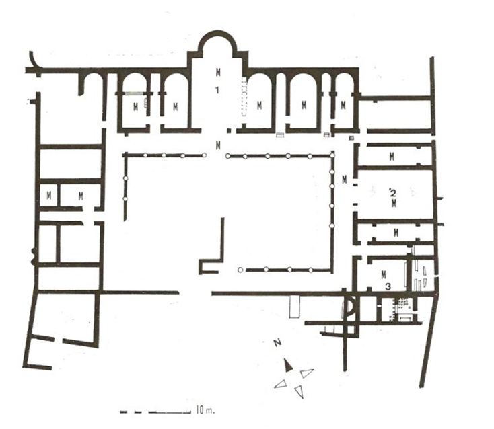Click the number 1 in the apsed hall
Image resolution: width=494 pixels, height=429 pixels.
click(218, 91)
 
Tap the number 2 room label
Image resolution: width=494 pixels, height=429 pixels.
click(391, 193)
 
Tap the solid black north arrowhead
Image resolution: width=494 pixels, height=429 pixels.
click(288, 364)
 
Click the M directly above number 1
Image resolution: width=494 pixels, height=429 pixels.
click(218, 71)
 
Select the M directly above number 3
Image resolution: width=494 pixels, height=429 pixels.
click(383, 274)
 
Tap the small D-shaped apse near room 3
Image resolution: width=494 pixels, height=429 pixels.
click(351, 308)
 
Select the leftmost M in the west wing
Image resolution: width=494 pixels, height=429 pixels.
click(49, 196)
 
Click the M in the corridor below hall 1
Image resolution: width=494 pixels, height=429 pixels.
click(217, 145)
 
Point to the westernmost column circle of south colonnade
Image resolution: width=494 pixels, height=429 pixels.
click(240, 270)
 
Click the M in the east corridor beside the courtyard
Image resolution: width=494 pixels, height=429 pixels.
click(344, 180)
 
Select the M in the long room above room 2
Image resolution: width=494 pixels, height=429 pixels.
click(392, 157)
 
